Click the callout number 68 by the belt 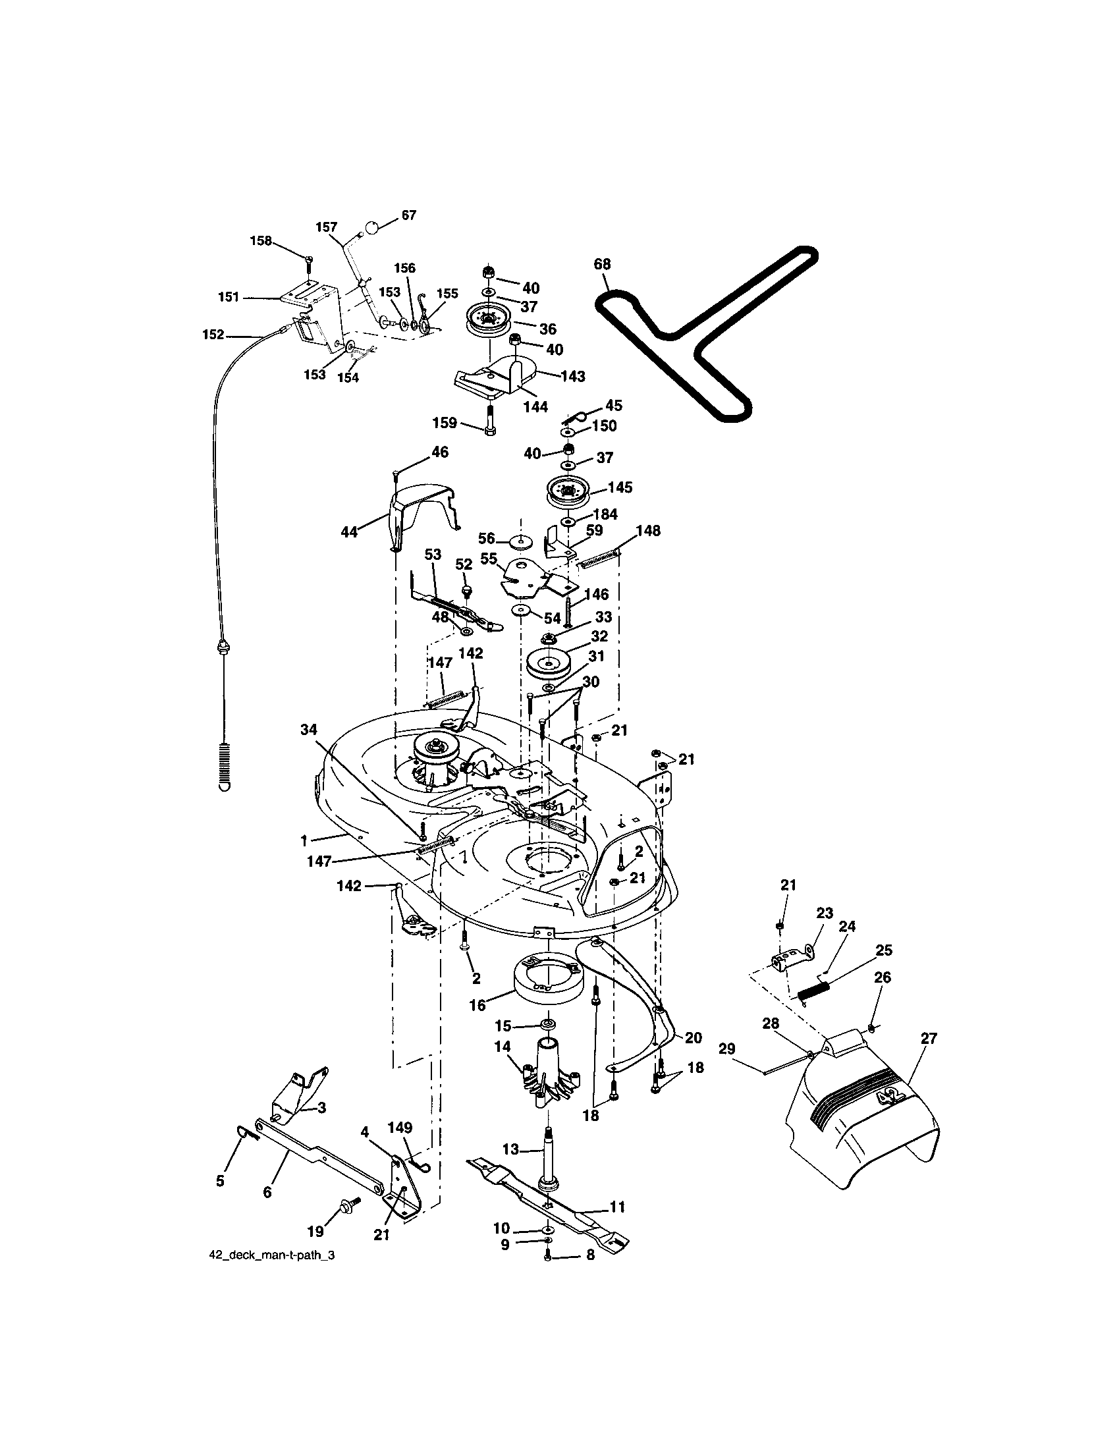[x=601, y=264]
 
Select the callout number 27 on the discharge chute [x=929, y=1038]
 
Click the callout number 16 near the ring [x=477, y=1005]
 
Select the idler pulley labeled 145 [x=567, y=493]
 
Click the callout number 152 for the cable [x=213, y=335]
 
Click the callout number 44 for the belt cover [x=349, y=532]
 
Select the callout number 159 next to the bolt [x=445, y=423]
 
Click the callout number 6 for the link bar [x=267, y=1192]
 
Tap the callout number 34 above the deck [x=309, y=730]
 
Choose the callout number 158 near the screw [x=261, y=241]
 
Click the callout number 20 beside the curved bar [x=693, y=1037]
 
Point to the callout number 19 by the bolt [x=315, y=1232]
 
